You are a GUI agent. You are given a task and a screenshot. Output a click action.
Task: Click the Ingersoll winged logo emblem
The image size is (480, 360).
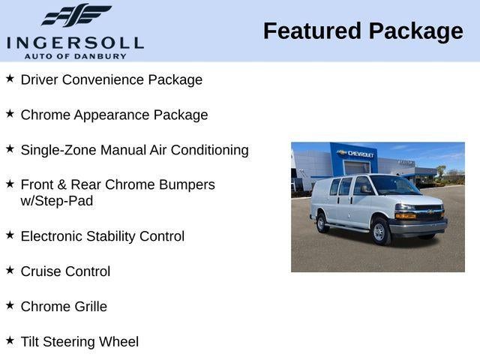point(76,16)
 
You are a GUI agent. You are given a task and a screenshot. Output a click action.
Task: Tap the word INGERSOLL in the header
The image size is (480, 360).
point(75,42)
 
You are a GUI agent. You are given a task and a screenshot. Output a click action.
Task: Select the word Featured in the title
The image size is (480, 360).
point(309,31)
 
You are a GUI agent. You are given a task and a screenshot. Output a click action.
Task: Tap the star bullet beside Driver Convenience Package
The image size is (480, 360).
point(10,78)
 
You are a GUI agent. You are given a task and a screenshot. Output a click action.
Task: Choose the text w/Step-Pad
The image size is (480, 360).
point(57,201)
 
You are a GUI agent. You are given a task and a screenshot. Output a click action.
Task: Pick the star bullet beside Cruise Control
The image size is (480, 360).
point(10,270)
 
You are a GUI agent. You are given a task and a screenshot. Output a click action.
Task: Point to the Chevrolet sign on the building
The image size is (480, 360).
point(357,153)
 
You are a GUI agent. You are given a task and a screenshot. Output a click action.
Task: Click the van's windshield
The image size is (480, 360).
point(393,185)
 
